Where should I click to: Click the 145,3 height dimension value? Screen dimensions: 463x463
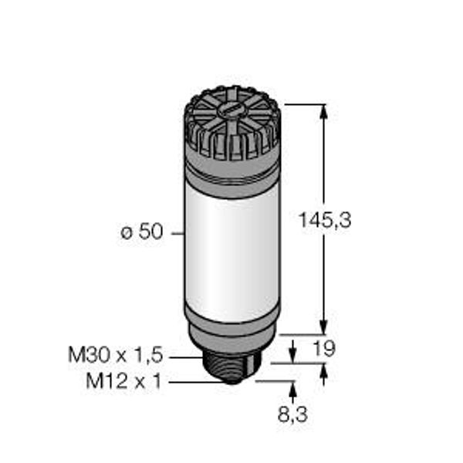tap(325, 220)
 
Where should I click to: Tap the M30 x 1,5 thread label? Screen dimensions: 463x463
tap(116, 355)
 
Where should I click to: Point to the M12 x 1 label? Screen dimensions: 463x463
tap(123, 381)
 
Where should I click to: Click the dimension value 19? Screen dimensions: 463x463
tap(324, 349)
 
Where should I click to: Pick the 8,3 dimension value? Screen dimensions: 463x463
tap(292, 414)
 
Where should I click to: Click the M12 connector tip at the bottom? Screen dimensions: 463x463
tap(232, 380)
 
